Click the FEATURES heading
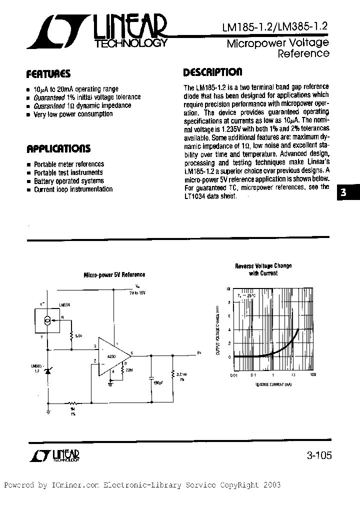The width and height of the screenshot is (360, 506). pos(48,74)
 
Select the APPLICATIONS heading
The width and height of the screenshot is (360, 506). pos(58,148)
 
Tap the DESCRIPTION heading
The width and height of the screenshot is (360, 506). pos(212,72)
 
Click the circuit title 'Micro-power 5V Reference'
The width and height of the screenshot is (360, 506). pos(114,274)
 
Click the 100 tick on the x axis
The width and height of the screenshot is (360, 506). pos(313,375)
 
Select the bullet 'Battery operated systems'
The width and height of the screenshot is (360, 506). pos(68,181)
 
